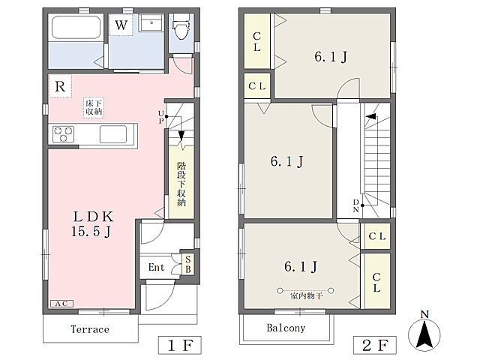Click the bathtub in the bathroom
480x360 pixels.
(76, 27)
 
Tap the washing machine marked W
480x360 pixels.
(121, 25)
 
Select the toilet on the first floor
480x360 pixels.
(181, 27)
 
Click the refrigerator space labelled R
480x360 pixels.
(60, 86)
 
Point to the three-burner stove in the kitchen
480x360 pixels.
(63, 134)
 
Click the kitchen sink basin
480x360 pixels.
(113, 134)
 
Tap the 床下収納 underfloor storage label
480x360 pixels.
(94, 107)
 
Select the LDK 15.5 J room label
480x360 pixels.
(92, 223)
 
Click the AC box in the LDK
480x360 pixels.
(61, 303)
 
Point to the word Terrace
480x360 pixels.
(90, 329)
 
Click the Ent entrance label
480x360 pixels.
(156, 267)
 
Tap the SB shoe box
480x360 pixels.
(188, 264)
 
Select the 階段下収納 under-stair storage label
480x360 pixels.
(181, 184)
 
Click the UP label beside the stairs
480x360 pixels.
(161, 117)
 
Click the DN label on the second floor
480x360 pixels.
(355, 205)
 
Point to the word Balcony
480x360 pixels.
(286, 328)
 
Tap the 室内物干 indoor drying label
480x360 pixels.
(306, 296)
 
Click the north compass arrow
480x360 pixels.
(425, 333)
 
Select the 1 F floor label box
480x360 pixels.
(180, 345)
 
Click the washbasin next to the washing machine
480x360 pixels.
(151, 22)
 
